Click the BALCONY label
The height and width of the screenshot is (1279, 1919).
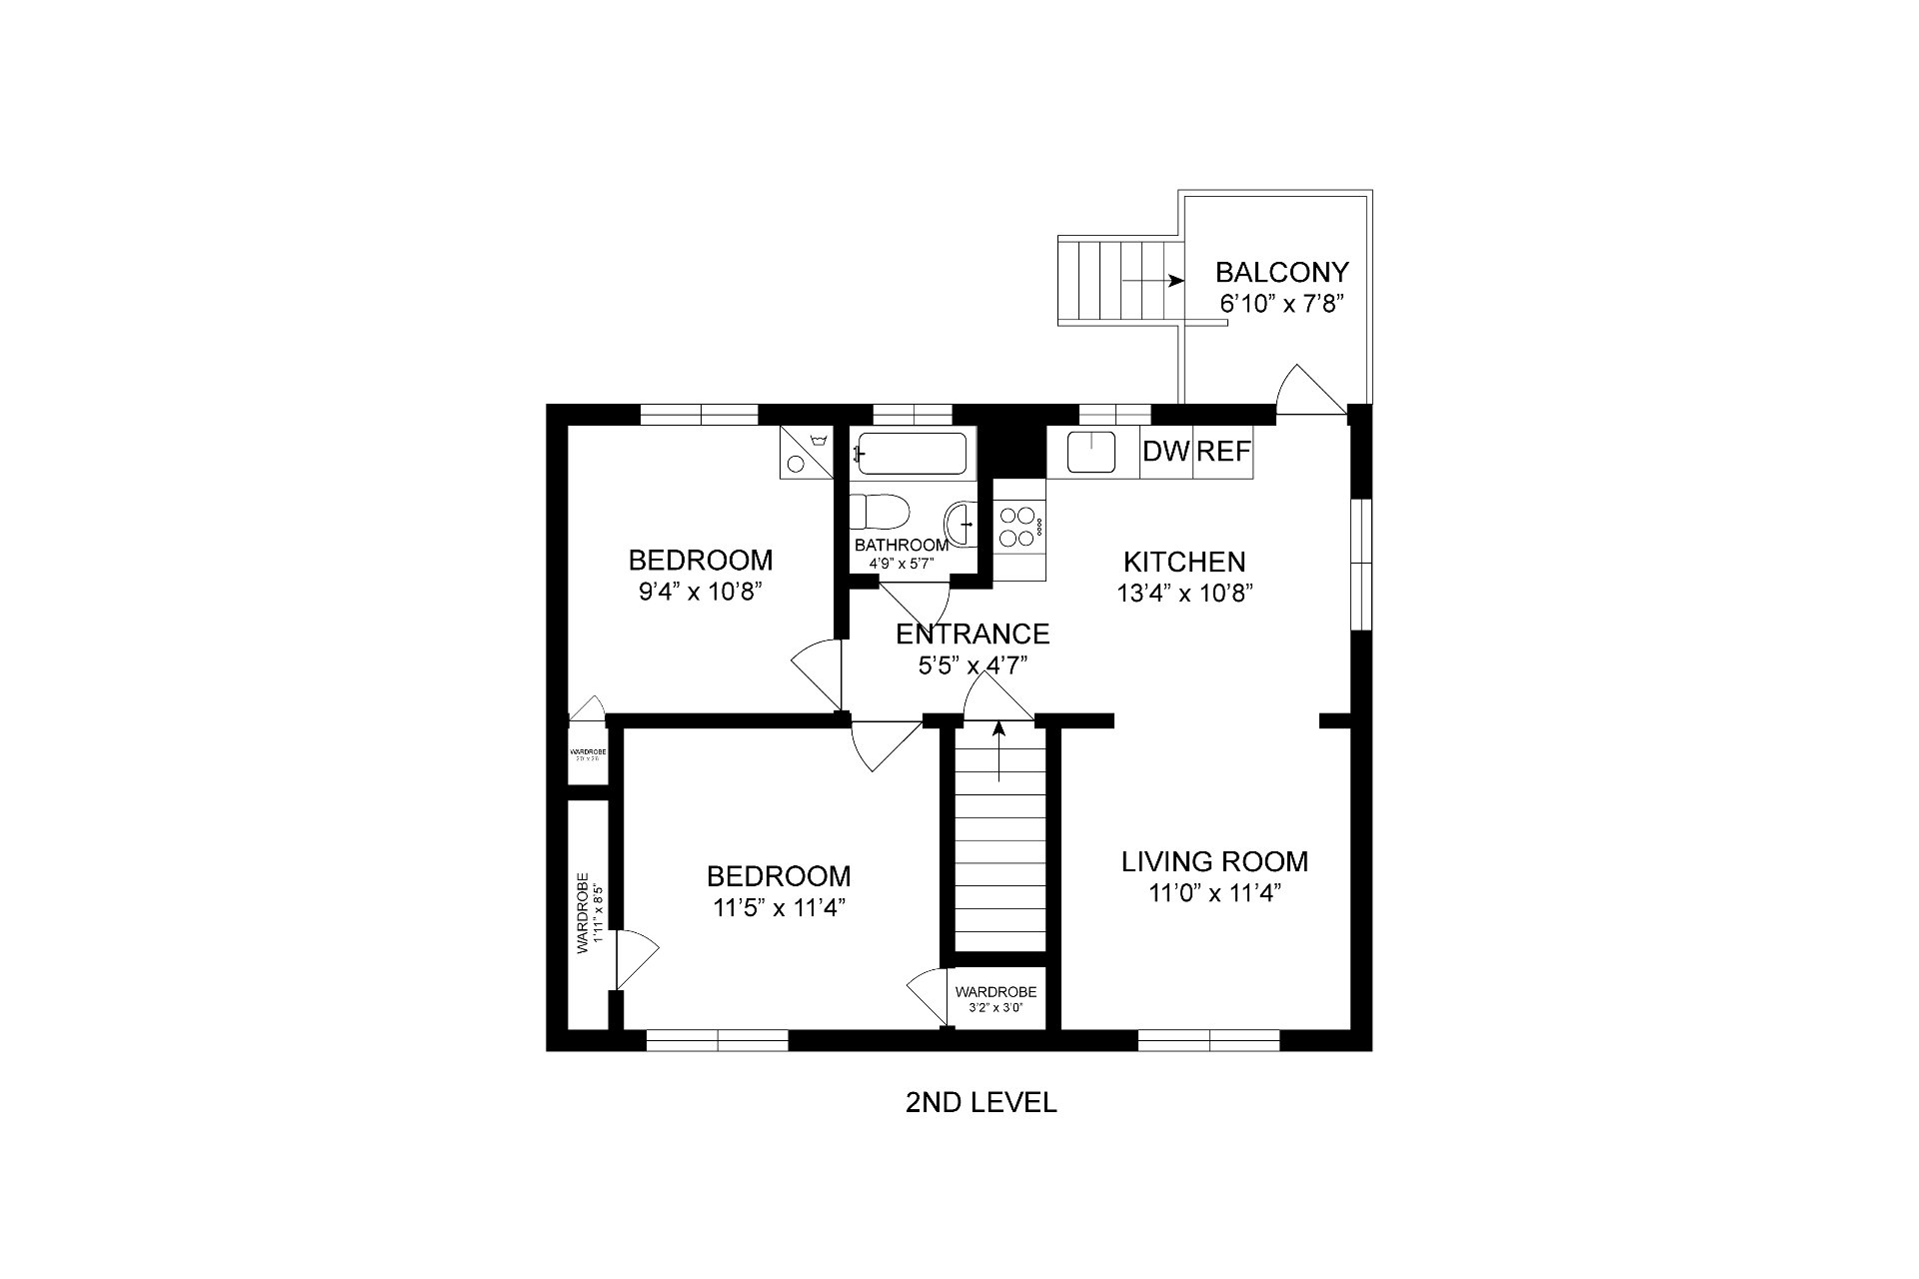click(1281, 272)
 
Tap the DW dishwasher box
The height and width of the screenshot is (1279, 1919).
click(1165, 452)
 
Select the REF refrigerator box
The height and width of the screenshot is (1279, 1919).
click(1223, 452)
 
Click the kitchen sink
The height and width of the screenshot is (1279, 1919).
click(1091, 452)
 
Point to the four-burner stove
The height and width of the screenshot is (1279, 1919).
click(1018, 527)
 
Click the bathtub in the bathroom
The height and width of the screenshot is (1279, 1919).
click(912, 454)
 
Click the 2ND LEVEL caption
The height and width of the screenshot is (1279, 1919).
click(979, 1103)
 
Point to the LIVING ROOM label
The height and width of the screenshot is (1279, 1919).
click(1213, 861)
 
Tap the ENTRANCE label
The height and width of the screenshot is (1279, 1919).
click(971, 635)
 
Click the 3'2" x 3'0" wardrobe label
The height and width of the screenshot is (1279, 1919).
click(995, 1008)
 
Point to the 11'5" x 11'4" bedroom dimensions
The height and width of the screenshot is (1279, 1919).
click(779, 908)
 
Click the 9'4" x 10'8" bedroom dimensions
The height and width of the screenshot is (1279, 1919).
click(700, 592)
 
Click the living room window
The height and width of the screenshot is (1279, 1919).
click(1208, 1040)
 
